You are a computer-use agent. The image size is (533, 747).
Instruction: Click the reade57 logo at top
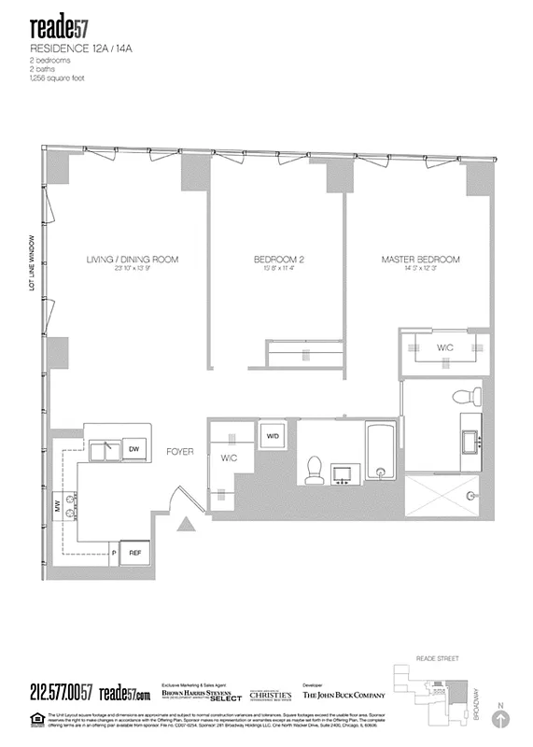pos(62,24)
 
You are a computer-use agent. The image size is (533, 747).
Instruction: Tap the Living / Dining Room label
pos(132,260)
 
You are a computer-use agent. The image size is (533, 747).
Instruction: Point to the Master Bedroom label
pos(421,260)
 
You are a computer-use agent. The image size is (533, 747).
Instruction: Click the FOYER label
pos(179,452)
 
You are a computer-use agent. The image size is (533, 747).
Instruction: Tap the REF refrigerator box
pos(135,553)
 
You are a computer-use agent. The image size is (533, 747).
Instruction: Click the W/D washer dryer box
pos(274,436)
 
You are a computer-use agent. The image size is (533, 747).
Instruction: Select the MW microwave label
pos(57,509)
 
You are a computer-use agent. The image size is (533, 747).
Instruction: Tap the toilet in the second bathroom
pos(315,466)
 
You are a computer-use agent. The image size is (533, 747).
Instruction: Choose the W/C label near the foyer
pos(230,459)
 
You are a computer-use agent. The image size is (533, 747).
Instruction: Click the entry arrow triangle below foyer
pos(189,525)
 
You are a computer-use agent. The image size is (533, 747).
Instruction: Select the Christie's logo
pos(270,694)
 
